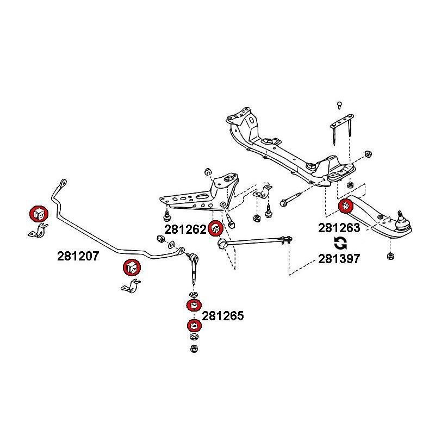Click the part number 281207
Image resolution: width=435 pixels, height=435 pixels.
[78, 256]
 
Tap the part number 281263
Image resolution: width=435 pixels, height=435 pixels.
[339, 228]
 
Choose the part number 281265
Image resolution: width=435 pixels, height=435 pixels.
[223, 315]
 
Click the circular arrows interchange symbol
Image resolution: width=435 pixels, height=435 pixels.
[339, 243]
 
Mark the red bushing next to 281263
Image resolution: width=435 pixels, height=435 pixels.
[346, 207]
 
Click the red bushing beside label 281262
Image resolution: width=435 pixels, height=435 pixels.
[215, 228]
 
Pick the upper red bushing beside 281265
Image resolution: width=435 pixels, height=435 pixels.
[193, 306]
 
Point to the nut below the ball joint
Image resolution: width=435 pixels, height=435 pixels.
[389, 256]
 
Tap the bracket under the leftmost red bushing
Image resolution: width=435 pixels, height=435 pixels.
[36, 233]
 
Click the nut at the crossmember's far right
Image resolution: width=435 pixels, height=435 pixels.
[368, 154]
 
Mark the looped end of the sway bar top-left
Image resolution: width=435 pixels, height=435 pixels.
[62, 182]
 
